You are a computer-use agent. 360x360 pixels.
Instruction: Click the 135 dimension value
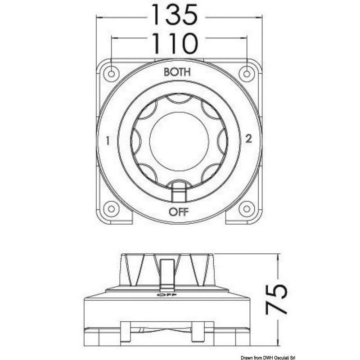(175, 15)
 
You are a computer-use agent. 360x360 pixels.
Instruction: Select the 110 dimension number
(175, 44)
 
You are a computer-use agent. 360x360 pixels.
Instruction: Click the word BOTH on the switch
(177, 72)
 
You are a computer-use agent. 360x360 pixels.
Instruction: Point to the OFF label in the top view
(179, 211)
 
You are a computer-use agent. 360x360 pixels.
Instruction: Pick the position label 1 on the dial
(108, 141)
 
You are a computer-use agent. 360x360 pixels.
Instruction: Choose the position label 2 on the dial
(249, 139)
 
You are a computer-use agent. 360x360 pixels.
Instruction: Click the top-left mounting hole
(111, 74)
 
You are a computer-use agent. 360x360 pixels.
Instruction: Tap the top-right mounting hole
(247, 74)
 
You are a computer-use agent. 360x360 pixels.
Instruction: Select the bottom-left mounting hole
(111, 209)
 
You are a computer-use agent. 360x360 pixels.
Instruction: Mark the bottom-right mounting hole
(247, 209)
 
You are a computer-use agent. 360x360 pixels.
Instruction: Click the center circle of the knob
(179, 141)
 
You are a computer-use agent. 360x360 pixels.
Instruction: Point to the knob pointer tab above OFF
(179, 193)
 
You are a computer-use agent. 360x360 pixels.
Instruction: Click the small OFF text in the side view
(166, 295)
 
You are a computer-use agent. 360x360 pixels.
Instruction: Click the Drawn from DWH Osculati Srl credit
(268, 357)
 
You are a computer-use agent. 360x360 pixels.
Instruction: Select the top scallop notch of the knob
(179, 98)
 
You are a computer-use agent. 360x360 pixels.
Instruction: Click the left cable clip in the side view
(126, 331)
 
